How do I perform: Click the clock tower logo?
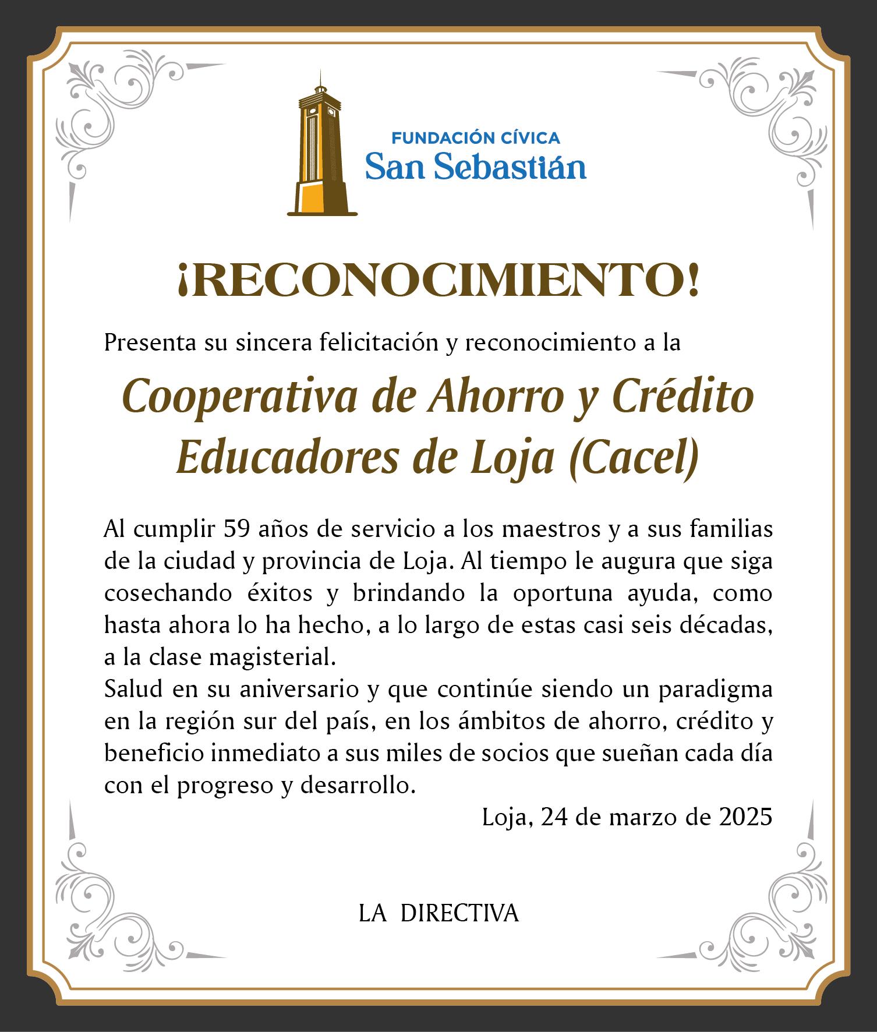tap(321, 146)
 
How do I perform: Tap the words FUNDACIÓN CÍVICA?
tap(475, 138)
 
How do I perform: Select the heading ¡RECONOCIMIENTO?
tap(438, 282)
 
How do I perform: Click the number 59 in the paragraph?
tap(236, 529)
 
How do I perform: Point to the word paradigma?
tap(716, 690)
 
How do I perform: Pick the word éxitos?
tap(277, 593)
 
